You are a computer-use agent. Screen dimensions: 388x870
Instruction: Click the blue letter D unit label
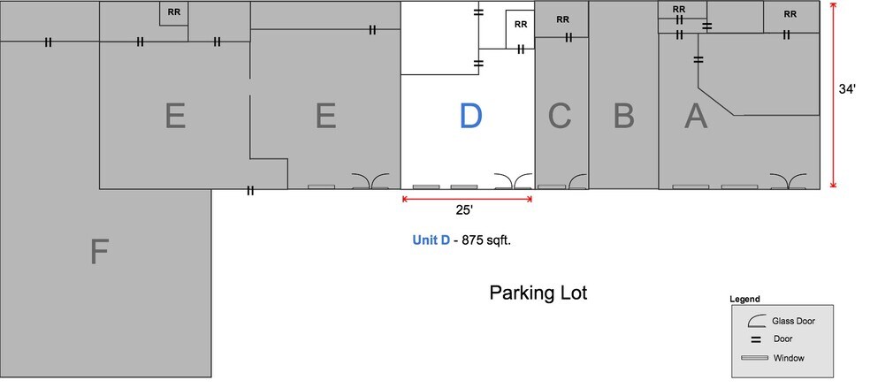pos(470,116)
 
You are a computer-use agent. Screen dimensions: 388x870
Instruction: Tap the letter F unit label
pos(99,253)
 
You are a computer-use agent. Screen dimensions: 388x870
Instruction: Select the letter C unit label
pos(560,116)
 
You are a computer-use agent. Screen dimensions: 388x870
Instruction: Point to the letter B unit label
pos(623,116)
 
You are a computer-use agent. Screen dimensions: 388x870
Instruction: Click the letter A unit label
pos(697,116)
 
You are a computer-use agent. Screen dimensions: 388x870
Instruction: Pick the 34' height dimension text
pos(847,88)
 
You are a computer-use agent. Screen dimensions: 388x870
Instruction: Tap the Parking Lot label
pos(538,293)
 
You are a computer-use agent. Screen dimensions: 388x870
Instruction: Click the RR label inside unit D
pos(520,24)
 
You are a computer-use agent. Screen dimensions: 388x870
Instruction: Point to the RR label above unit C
pos(562,19)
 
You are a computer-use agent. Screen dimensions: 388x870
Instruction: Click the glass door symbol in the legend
pos(756,322)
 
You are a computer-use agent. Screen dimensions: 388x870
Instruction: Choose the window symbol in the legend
pos(754,358)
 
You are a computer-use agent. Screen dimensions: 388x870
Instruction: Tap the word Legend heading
pos(744,300)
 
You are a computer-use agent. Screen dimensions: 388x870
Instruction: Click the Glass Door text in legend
pos(793,322)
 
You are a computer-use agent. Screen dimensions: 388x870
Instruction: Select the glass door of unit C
pos(578,182)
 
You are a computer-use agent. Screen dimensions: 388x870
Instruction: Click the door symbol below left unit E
pos(250,190)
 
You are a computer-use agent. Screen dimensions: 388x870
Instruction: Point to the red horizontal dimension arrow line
pos(467,199)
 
